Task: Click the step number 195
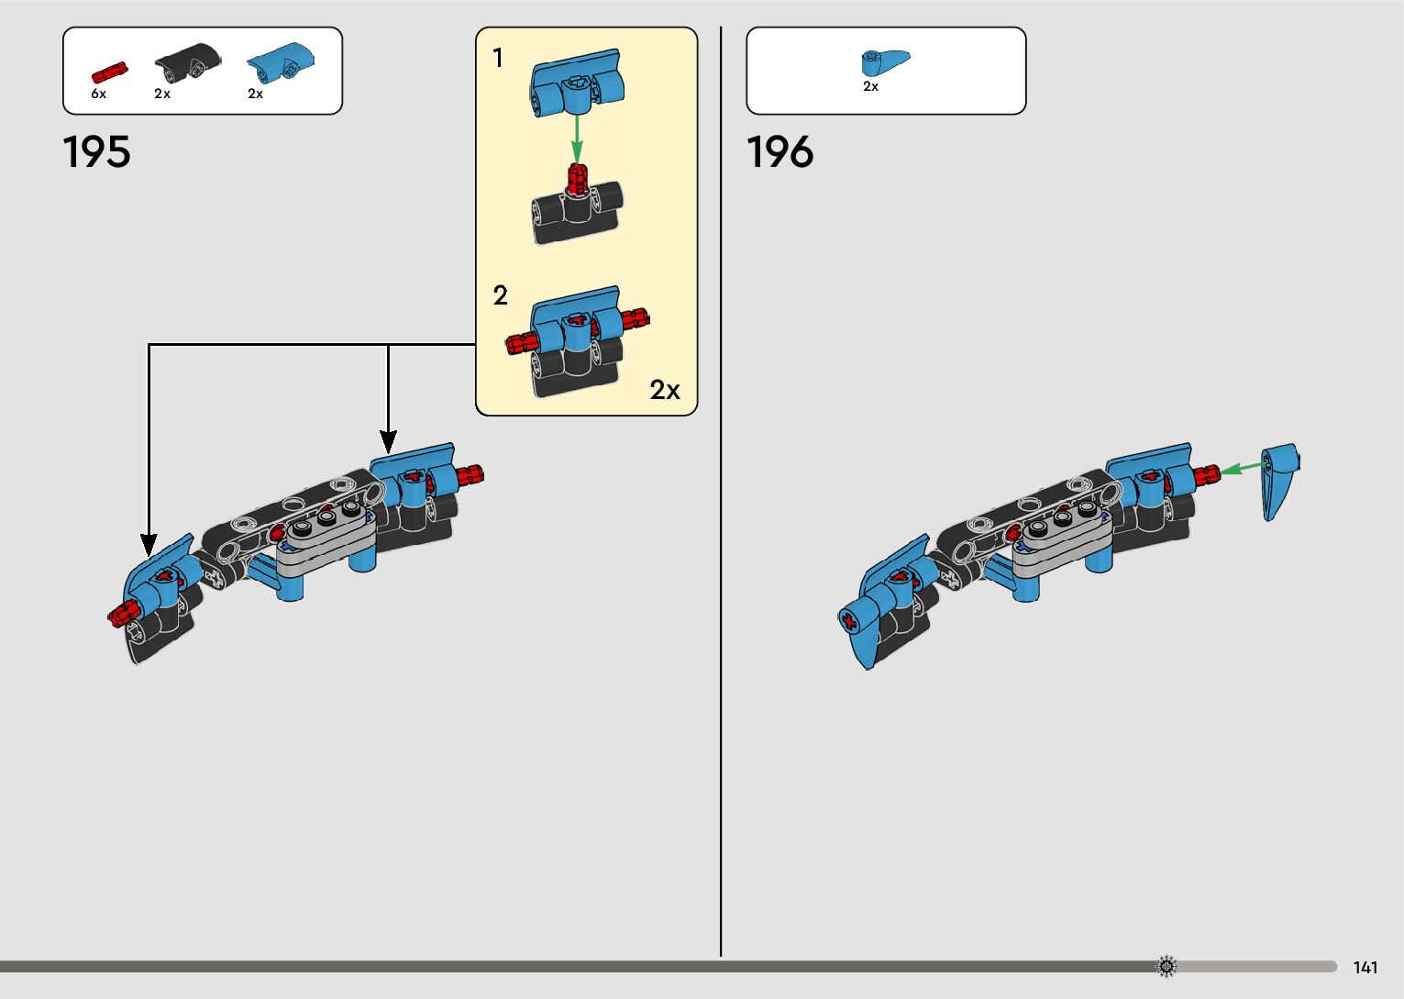pyautogui.click(x=96, y=151)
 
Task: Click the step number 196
pyautogui.click(x=779, y=151)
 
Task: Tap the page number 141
pyautogui.click(x=1365, y=968)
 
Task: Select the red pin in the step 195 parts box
pyautogui.click(x=109, y=72)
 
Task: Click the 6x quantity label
pyautogui.click(x=98, y=94)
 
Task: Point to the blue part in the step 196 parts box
pyautogui.click(x=884, y=62)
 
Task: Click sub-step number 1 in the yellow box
pyautogui.click(x=498, y=59)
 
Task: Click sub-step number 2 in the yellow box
pyautogui.click(x=500, y=295)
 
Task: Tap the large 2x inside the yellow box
pyautogui.click(x=665, y=390)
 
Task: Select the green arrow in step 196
pyautogui.click(x=1242, y=468)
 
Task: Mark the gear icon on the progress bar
pyautogui.click(x=1166, y=966)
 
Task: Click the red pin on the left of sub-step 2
pyautogui.click(x=520, y=343)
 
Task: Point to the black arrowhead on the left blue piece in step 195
pyautogui.click(x=149, y=545)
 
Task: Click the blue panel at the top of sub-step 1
pyautogui.click(x=576, y=81)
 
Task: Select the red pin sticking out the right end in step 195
pyautogui.click(x=469, y=474)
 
